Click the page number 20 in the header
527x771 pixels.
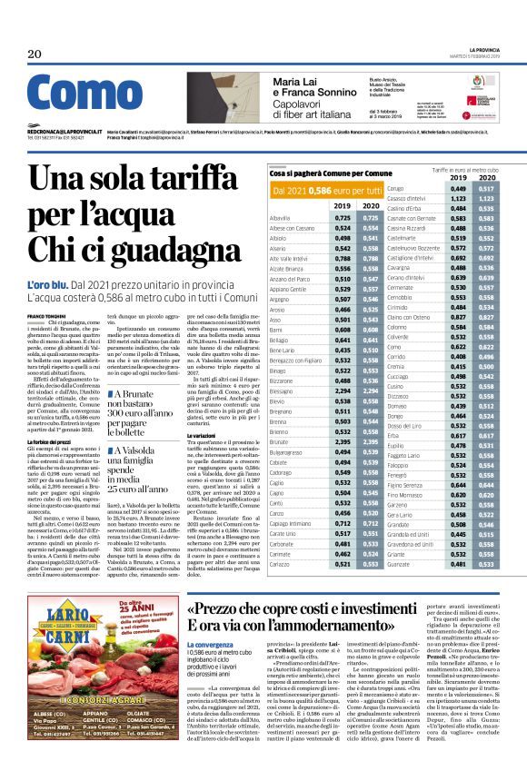(35, 55)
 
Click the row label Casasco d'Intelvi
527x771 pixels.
(413, 197)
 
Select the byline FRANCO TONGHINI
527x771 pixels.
(47, 315)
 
